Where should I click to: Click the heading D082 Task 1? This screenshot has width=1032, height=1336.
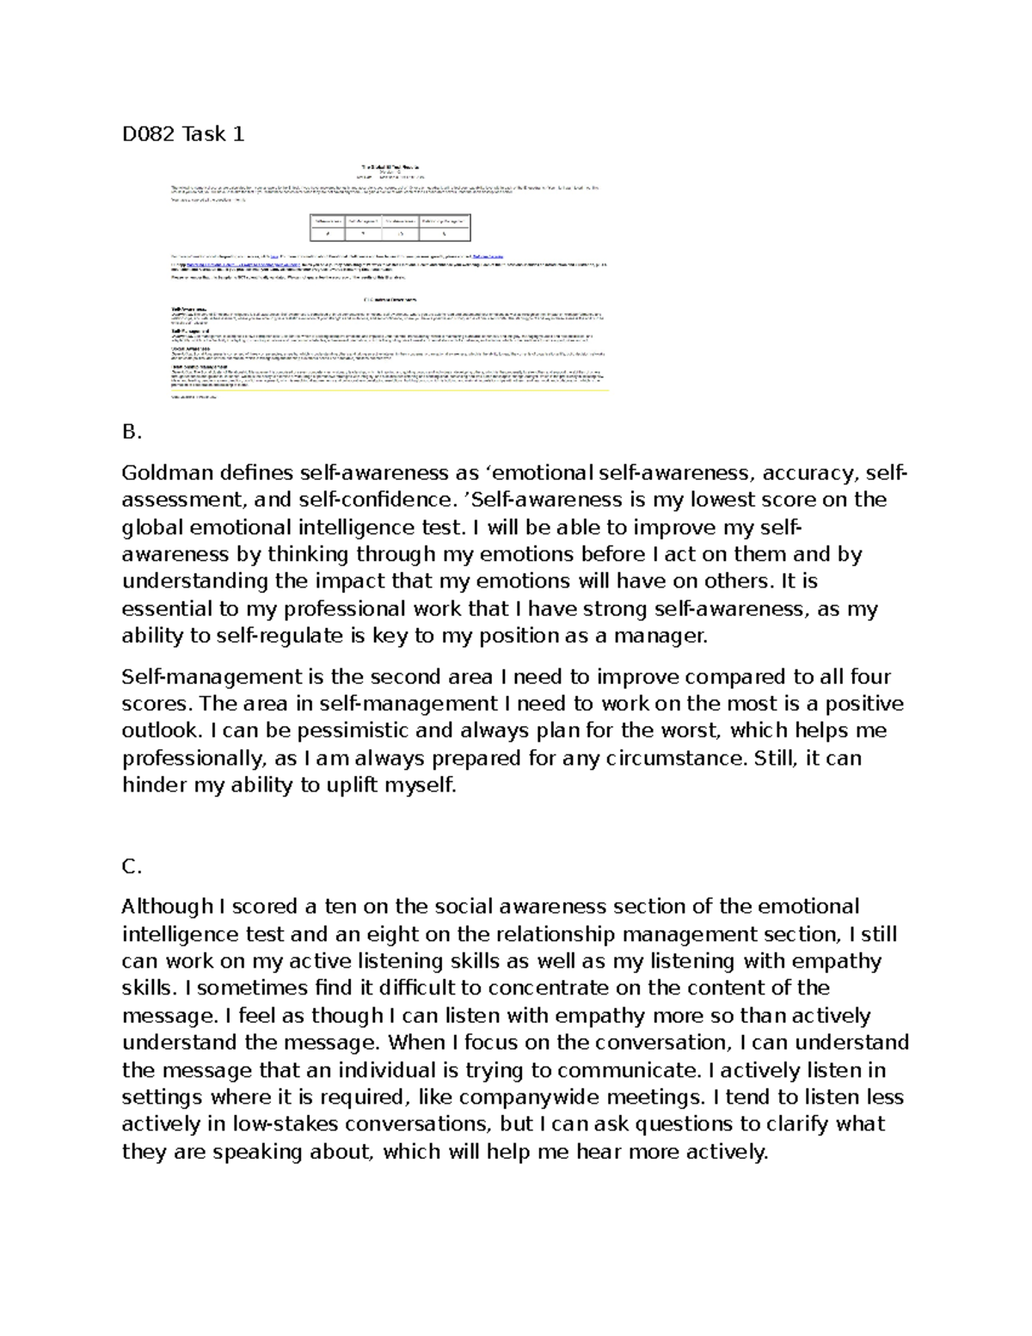[x=182, y=134]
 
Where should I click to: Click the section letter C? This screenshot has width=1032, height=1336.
[x=132, y=866]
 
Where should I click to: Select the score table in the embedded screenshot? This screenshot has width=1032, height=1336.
[x=390, y=227]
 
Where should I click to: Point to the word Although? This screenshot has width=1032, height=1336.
[x=167, y=907]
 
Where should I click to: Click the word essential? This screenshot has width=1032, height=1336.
[x=168, y=609]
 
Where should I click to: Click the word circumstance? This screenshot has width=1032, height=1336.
[x=676, y=759]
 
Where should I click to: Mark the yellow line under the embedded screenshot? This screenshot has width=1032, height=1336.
[x=390, y=391]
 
